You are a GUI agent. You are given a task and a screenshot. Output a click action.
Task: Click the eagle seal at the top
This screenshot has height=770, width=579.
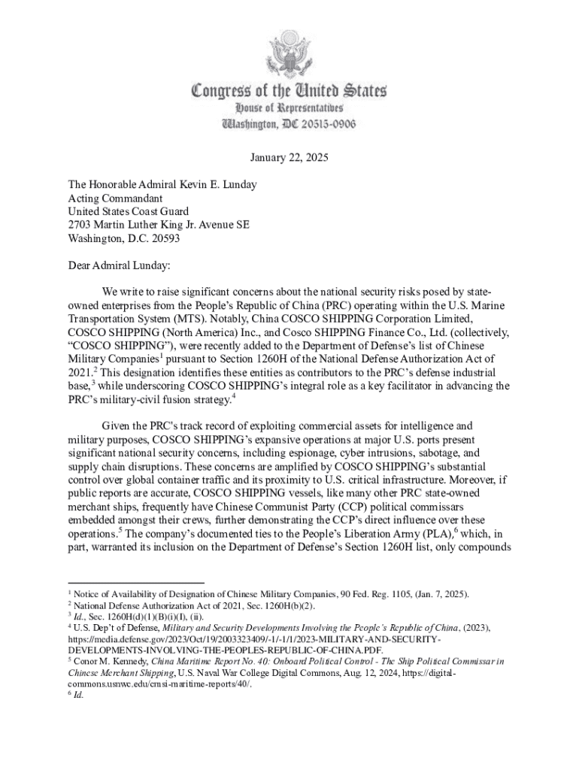[289, 53]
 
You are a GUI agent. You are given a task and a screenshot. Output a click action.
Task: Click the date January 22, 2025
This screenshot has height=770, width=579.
[289, 158]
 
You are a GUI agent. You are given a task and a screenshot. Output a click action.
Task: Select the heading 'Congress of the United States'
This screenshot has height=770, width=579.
[289, 92]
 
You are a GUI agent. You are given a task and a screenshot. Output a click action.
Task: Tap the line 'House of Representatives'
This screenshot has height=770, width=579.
[289, 109]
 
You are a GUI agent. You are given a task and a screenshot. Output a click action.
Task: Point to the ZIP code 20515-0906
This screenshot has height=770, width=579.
[320, 123]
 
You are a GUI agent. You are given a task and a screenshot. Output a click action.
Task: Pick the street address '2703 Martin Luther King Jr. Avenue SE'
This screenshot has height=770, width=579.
[159, 225]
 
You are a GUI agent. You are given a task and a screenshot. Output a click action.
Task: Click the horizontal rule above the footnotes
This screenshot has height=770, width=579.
[136, 583]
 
